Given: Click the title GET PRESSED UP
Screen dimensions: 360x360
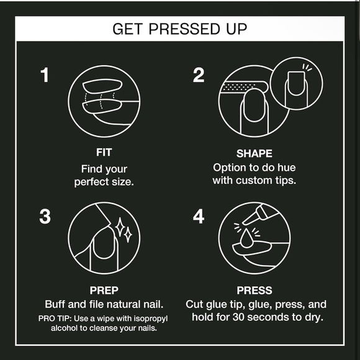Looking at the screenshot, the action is click(180, 29).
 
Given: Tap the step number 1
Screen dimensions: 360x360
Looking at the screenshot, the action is click(45, 75).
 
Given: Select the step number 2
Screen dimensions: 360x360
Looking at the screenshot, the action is click(199, 75).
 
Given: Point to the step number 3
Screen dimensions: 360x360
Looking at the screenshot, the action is click(45, 216).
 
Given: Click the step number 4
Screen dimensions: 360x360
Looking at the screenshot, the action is click(199, 216).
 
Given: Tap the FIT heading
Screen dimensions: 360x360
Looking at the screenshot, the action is click(104, 152).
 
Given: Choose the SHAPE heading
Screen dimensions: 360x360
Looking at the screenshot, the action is click(254, 153).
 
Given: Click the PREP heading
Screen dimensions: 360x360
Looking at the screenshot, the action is click(104, 290).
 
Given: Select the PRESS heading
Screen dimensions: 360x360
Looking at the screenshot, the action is click(254, 290).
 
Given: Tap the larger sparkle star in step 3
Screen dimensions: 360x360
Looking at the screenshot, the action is click(120, 227).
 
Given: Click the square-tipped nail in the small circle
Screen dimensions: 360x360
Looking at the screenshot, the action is click(296, 83).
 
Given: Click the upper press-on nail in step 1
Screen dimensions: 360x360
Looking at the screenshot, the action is click(102, 86).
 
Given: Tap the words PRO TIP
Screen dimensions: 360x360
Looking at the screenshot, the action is click(55, 318).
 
